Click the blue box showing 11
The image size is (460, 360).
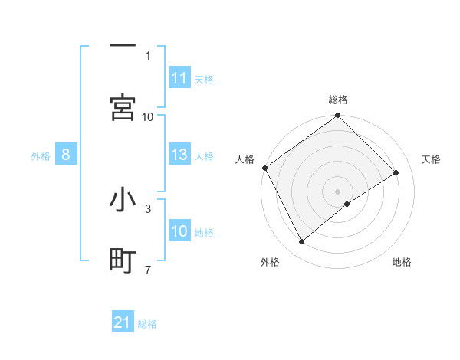(179, 78)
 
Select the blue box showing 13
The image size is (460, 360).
(179, 155)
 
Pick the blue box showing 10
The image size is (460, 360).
(179, 231)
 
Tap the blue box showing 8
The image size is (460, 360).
(66, 155)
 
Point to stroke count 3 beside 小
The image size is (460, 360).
(148, 208)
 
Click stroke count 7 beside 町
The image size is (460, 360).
(148, 270)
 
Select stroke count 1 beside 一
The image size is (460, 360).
(148, 55)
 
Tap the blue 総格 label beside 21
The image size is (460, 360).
(147, 324)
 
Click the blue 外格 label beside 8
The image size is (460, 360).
(41, 156)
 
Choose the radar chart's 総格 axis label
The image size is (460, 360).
(338, 100)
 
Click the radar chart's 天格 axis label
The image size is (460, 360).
(432, 159)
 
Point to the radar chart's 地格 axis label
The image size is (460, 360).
(402, 262)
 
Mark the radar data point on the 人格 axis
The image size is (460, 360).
(265, 168)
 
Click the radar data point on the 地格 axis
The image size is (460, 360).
(347, 204)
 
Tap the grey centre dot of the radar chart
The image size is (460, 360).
(338, 191)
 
